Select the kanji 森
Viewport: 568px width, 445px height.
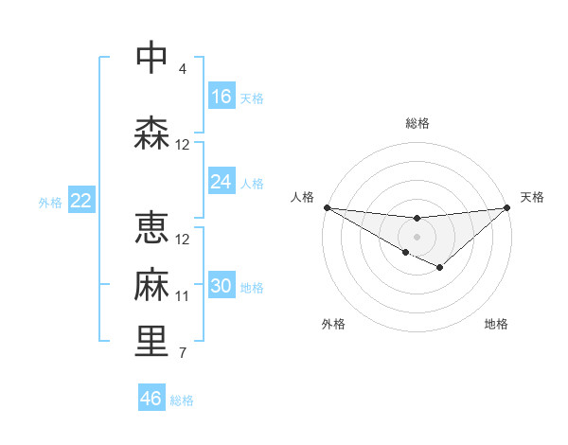151,133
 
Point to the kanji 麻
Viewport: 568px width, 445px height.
151,285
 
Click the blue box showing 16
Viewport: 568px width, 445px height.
222,96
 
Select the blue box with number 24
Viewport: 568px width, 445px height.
222,182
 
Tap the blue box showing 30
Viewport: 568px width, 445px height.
222,286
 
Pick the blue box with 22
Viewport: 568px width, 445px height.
81,201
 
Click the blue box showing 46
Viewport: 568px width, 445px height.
151,398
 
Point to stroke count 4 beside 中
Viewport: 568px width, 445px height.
183,69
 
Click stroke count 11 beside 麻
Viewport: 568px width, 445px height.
183,296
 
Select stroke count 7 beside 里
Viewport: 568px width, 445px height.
183,353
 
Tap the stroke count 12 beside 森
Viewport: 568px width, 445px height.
183,145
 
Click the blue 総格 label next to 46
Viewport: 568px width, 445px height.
183,400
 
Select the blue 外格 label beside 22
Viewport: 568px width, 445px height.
50,203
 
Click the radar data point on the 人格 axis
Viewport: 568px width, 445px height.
327,206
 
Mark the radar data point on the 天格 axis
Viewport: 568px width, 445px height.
507,207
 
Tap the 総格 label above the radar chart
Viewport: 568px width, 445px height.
417,123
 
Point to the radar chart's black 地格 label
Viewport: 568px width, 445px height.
496,324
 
